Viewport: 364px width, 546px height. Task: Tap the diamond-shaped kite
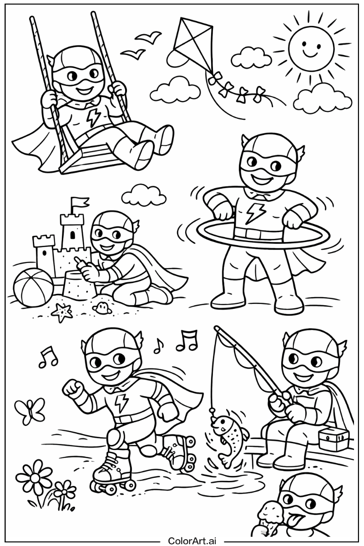tap(191, 43)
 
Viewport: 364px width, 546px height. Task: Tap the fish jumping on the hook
tap(228, 436)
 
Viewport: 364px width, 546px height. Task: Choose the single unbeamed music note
tap(158, 346)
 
